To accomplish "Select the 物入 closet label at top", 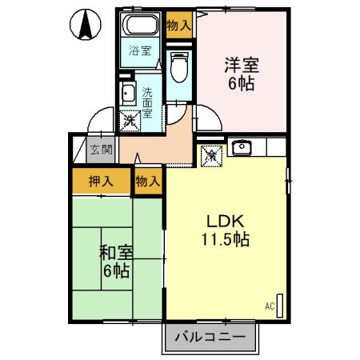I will [179, 25].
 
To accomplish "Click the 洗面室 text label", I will [149, 97].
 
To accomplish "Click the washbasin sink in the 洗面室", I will [128, 94].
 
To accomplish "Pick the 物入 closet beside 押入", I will [148, 181].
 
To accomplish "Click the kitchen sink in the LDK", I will [240, 147].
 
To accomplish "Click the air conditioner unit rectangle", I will [280, 304].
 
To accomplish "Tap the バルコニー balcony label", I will [212, 338].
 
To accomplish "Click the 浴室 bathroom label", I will [141, 52].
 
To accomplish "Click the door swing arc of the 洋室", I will [205, 120].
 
